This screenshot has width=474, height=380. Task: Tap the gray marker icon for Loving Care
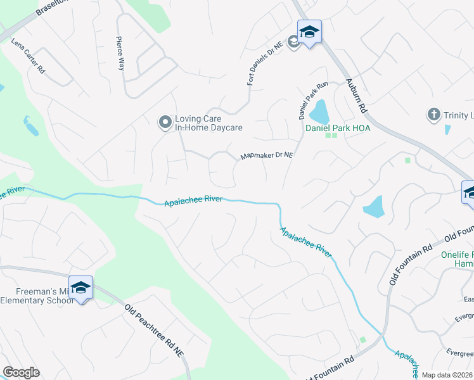point(165,122)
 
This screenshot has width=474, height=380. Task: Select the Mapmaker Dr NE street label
point(267,156)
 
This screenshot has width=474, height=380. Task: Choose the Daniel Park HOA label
point(338,128)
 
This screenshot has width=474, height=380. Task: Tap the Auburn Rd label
point(357,96)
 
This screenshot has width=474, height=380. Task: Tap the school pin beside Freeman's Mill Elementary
point(80,289)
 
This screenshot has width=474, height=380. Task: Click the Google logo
point(21,372)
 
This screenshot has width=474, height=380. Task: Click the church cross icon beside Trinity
point(433,115)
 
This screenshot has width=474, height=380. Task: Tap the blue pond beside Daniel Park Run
point(319,112)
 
